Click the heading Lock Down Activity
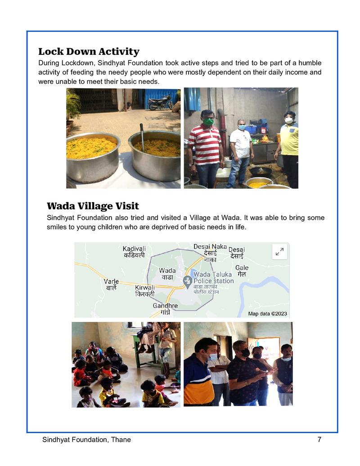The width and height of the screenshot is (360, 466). pos(89,51)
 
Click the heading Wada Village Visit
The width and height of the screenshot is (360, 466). pos(93,206)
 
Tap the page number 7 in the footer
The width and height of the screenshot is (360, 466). pos(319,439)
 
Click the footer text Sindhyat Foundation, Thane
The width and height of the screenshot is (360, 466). pos(86,439)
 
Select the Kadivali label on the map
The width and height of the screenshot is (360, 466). pos(134,252)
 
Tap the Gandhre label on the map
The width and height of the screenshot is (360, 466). pos(165,309)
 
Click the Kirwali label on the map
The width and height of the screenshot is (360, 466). pos(144,290)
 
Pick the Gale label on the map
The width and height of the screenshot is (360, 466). pos(242,271)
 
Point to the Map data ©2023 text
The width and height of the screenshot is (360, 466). pos(267,313)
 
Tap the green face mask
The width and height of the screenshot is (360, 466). pos(208,122)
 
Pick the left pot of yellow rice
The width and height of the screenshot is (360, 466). pos(93,155)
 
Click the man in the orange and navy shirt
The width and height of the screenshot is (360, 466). pos(198,374)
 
